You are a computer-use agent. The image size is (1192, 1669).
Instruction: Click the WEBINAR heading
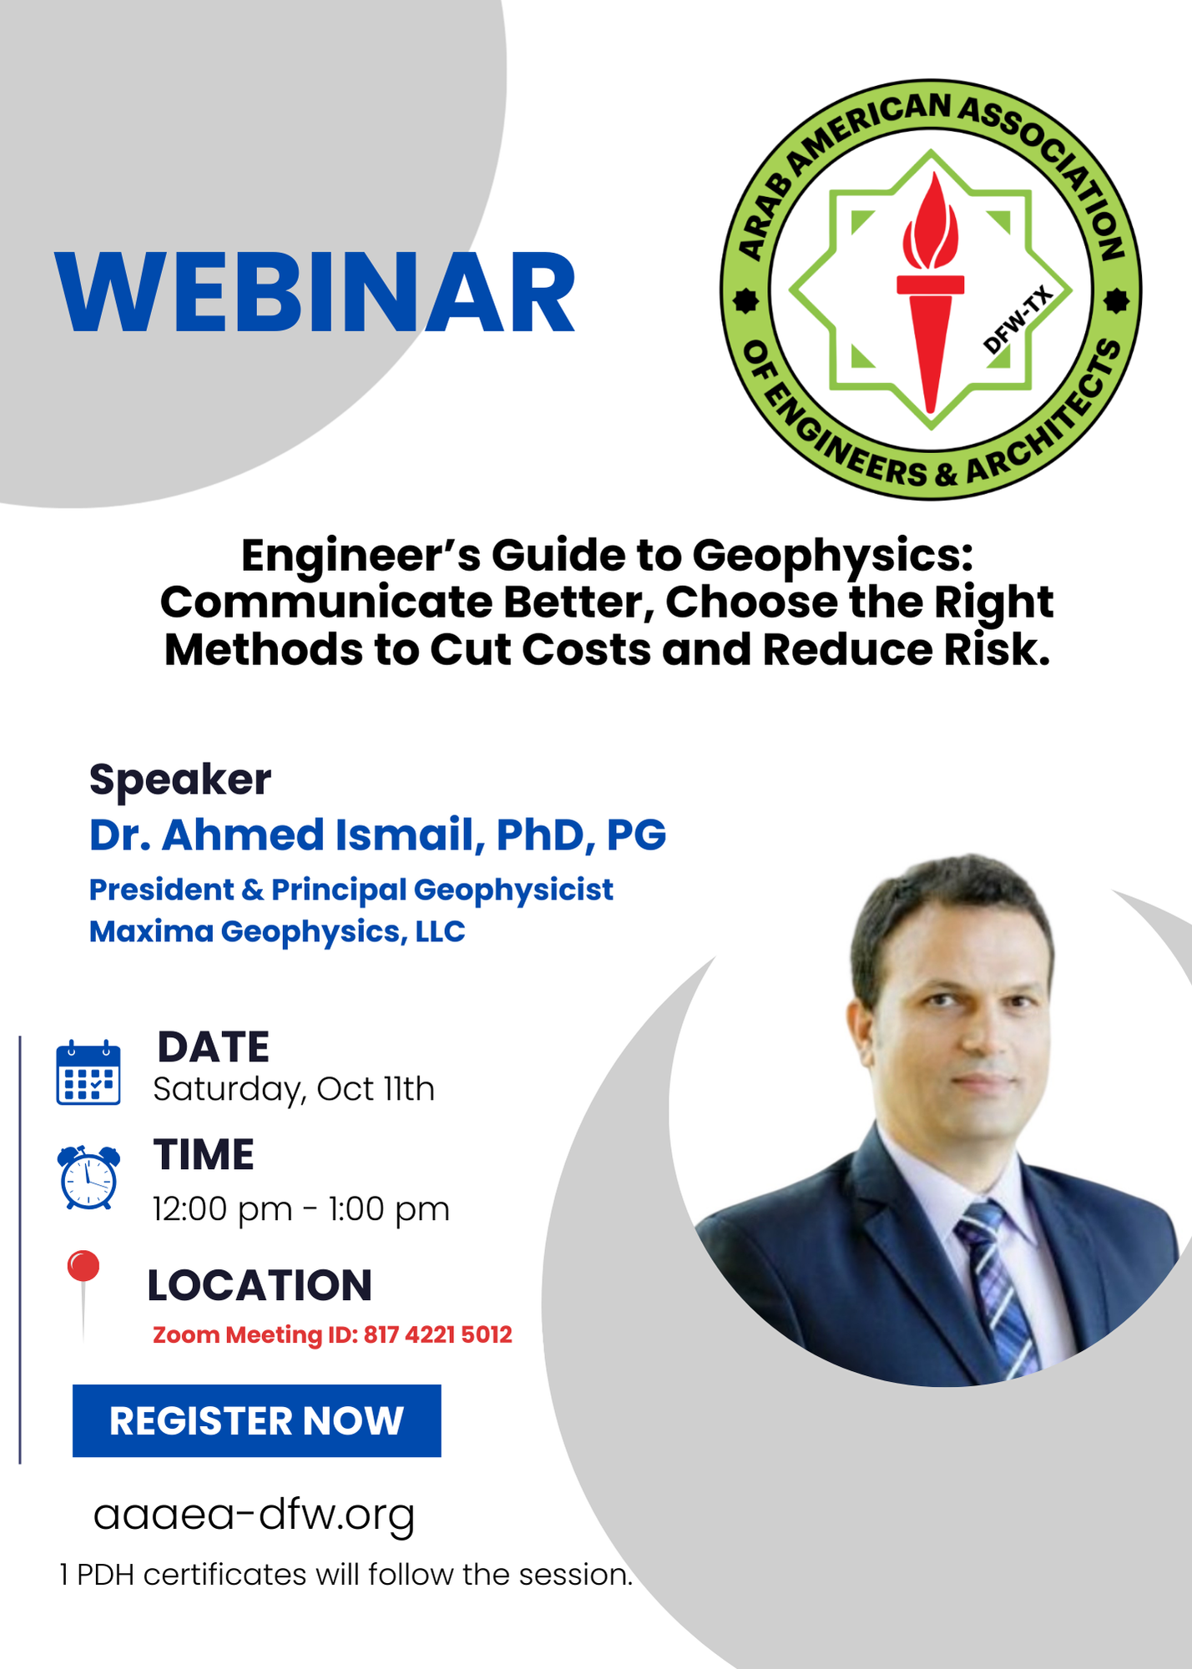316,293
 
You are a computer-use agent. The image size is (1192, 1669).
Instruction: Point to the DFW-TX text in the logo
1016,320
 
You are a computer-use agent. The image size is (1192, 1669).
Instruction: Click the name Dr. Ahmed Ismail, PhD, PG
377,834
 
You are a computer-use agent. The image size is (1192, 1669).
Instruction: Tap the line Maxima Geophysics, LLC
277,931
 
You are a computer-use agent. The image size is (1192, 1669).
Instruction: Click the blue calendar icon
88,1073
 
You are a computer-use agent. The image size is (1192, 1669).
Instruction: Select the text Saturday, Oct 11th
294,1090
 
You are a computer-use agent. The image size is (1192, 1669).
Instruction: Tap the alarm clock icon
88,1177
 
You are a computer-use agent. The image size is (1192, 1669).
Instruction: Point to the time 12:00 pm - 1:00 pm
301,1209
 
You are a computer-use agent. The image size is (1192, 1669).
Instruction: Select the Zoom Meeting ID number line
332,1335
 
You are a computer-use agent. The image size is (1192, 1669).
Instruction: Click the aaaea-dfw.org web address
254,1514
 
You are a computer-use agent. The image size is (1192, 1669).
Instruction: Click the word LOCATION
260,1285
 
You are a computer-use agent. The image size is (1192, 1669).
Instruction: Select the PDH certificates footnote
346,1575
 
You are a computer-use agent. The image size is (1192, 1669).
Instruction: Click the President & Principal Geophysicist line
351,890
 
